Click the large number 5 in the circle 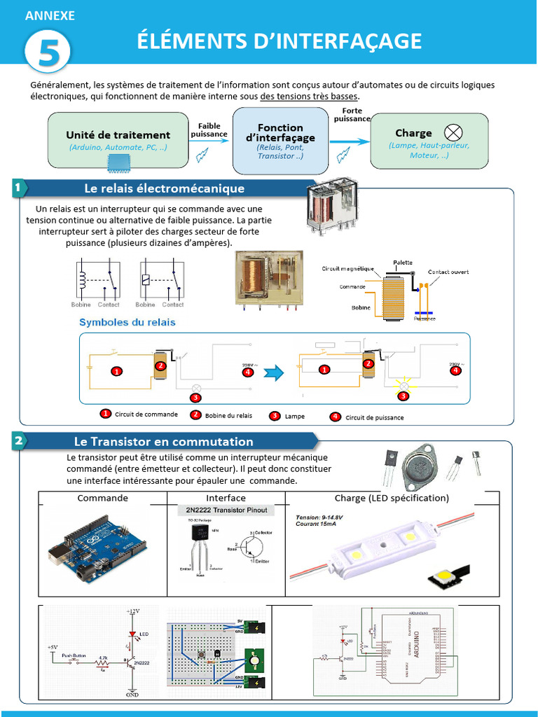pyautogui.click(x=48, y=53)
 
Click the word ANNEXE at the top pyautogui.click(x=50, y=16)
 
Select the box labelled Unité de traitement pyautogui.click(x=118, y=140)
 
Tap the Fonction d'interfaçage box pyautogui.click(x=280, y=140)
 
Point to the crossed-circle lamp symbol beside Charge pyautogui.click(x=454, y=132)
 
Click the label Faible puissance pyautogui.click(x=209, y=130)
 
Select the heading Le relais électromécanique pyautogui.click(x=164, y=188)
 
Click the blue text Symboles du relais pyautogui.click(x=127, y=322)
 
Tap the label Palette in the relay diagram pyautogui.click(x=402, y=262)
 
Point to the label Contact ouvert pyautogui.click(x=448, y=272)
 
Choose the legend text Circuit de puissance pyautogui.click(x=374, y=417)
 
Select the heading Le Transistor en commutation pyautogui.click(x=163, y=442)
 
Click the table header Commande pyautogui.click(x=102, y=499)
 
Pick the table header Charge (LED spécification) pyautogui.click(x=392, y=499)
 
